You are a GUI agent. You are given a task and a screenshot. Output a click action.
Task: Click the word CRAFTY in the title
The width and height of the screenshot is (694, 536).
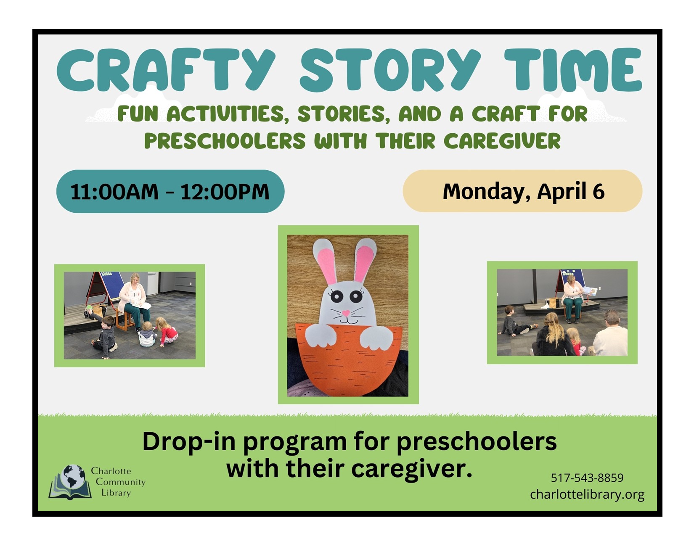[166, 70]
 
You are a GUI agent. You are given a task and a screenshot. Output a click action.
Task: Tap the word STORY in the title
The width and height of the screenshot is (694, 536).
[390, 70]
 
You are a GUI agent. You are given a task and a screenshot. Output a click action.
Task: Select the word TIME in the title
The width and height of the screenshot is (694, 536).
[573, 70]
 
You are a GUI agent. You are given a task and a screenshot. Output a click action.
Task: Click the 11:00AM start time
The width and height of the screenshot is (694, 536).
[114, 192]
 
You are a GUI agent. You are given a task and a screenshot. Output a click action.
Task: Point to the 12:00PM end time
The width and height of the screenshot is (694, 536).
[225, 192]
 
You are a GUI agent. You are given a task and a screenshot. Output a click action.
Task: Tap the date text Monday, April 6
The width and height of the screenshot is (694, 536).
[524, 192]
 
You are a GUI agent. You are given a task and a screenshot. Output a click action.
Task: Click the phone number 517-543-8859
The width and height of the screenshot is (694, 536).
[587, 478]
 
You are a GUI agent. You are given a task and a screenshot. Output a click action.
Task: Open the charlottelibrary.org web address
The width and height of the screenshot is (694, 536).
[587, 494]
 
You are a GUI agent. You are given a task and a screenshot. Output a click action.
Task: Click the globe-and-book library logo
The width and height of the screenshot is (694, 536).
[70, 482]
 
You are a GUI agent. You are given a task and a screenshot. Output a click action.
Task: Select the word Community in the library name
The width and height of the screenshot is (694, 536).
[120, 482]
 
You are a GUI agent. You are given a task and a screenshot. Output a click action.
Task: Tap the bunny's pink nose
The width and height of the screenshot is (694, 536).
[346, 313]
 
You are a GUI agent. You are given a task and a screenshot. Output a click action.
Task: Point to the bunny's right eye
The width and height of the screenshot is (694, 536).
[355, 296]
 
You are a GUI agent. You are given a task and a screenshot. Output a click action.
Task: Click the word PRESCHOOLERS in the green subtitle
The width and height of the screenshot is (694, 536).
[225, 141]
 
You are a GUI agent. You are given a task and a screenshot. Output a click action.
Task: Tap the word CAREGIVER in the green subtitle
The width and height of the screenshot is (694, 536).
[502, 141]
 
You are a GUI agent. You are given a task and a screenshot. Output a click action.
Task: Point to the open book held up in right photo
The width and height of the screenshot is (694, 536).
[590, 291]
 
